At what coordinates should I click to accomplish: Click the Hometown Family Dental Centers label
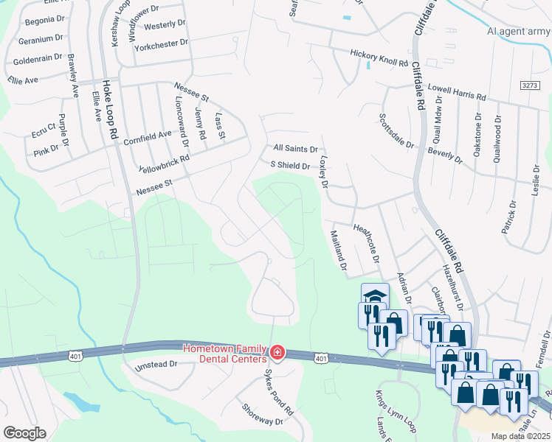coord(224,353)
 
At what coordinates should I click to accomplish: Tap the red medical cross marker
coord(277,354)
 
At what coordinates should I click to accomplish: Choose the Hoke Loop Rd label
coord(113,110)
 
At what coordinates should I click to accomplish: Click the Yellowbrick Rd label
coord(164,163)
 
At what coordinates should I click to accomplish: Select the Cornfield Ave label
coord(148,138)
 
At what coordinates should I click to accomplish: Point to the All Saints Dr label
coord(295,148)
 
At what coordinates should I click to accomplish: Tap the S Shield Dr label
coord(290,166)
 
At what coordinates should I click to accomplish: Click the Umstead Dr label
coord(156,364)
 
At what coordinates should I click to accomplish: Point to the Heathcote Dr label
coord(367,244)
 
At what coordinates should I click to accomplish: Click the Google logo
coord(24,433)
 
